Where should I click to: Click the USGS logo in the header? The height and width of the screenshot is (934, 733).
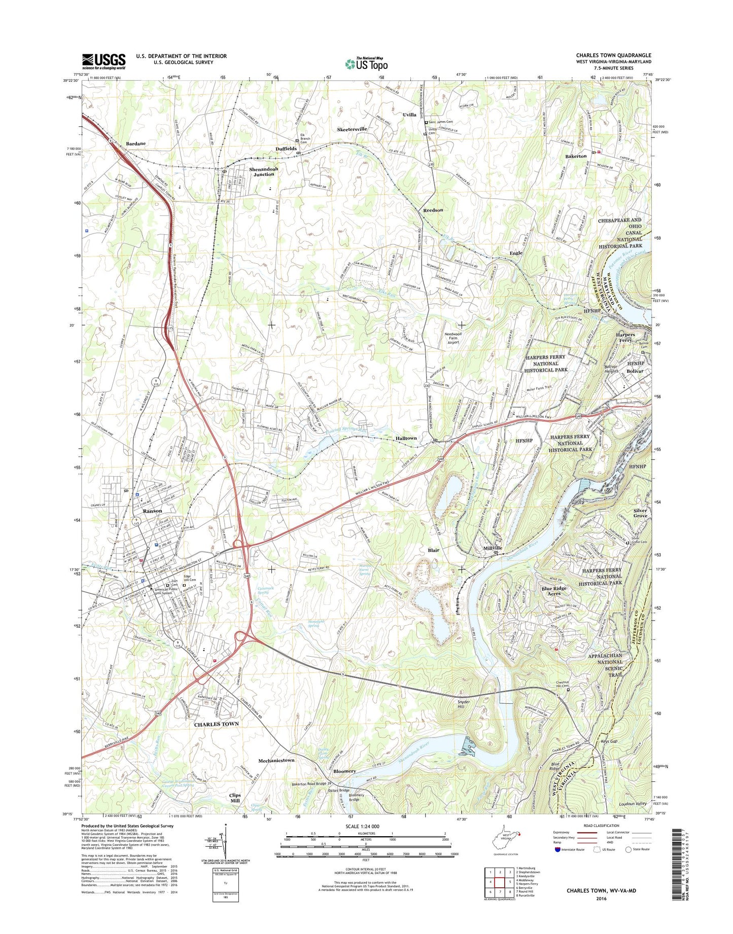pyautogui.click(x=103, y=61)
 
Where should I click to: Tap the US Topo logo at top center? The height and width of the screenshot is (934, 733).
pyautogui.click(x=366, y=64)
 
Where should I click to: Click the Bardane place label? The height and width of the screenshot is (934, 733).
pyautogui.click(x=135, y=143)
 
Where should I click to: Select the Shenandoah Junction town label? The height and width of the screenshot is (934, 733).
pyautogui.click(x=261, y=171)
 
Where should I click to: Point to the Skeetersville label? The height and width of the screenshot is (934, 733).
pyautogui.click(x=352, y=129)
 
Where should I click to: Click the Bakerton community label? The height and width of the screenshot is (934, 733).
pyautogui.click(x=576, y=156)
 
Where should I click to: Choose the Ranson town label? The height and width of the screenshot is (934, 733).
pyautogui.click(x=152, y=511)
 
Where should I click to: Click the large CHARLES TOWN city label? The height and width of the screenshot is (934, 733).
pyautogui.click(x=216, y=724)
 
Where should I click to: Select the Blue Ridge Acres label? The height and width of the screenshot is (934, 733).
pyautogui.click(x=554, y=591)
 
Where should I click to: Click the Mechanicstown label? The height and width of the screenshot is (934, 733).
pyautogui.click(x=276, y=760)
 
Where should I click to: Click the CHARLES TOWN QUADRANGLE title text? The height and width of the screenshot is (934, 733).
pyautogui.click(x=613, y=55)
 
